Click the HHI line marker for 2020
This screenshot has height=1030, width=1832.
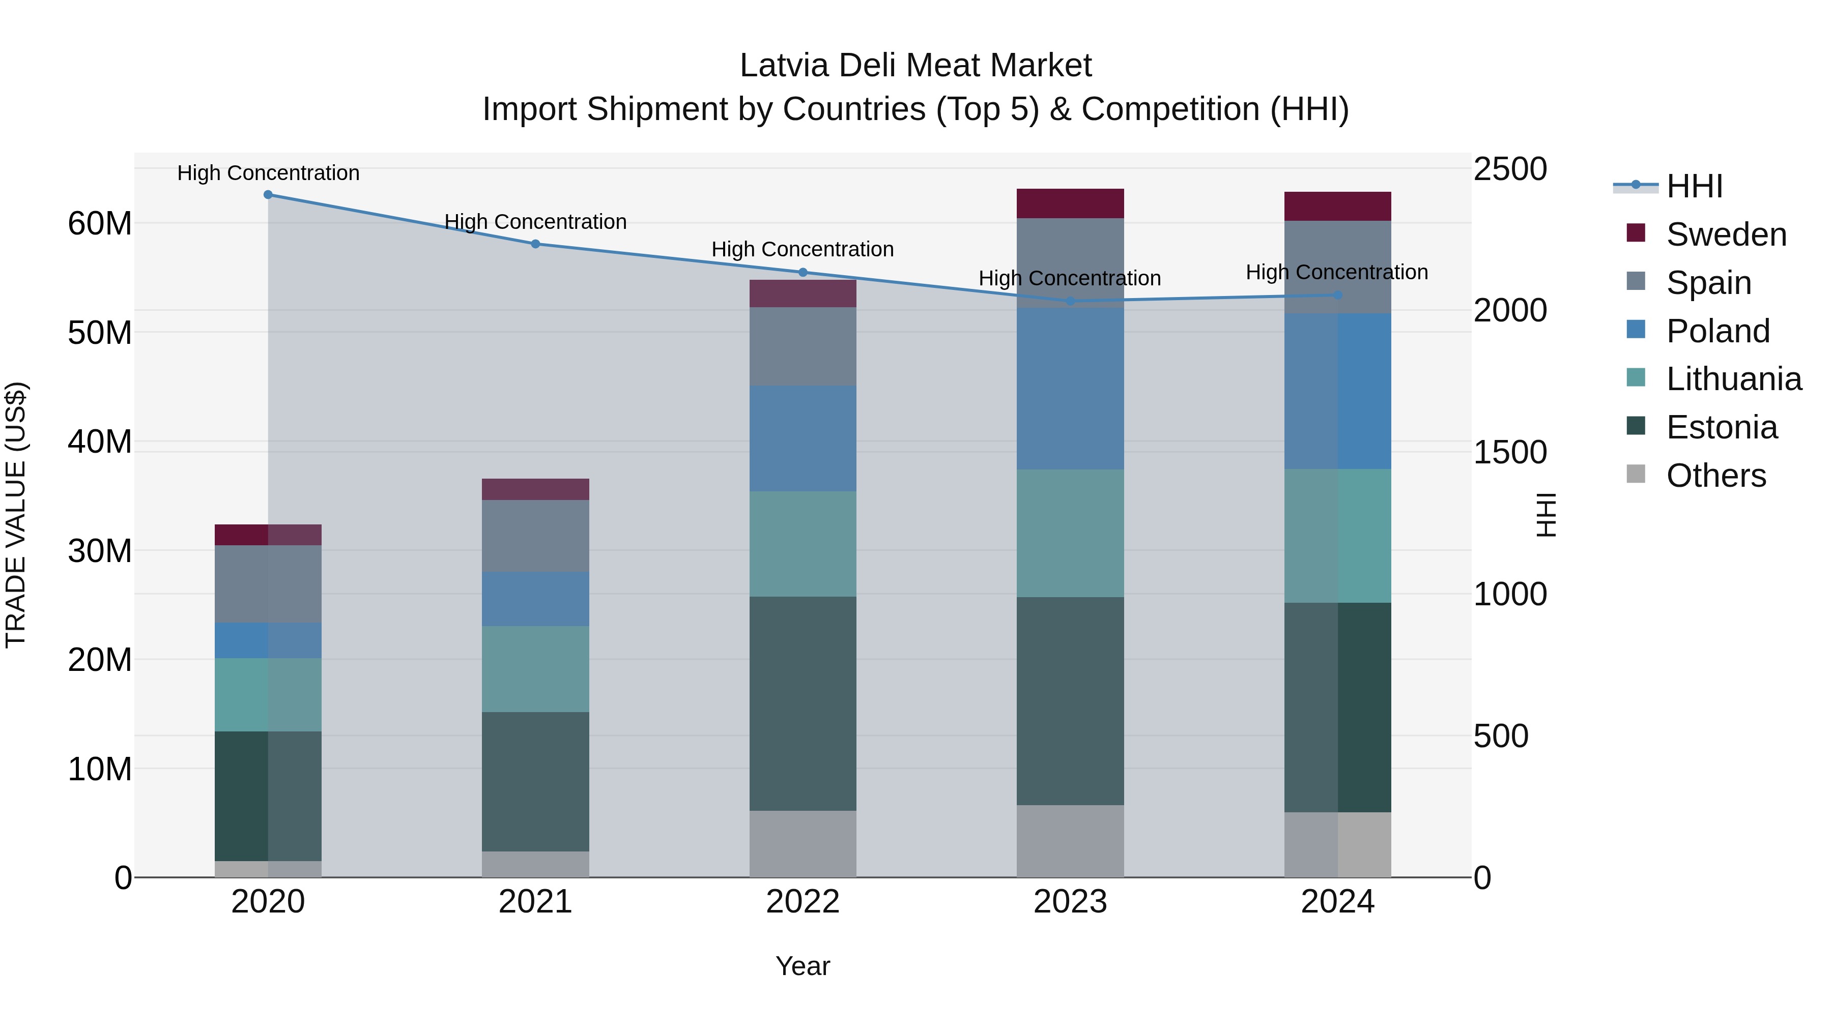click(268, 195)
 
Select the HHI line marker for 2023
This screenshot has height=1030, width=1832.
click(1070, 302)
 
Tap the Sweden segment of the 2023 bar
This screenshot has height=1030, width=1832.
click(1070, 203)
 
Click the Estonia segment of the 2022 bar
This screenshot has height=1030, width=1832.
click(803, 704)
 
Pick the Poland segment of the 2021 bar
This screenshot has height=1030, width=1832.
click(535, 599)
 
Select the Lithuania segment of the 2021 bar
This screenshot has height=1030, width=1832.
click(535, 669)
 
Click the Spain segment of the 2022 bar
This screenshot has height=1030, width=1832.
click(803, 346)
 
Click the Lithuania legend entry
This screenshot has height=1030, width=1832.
click(1733, 379)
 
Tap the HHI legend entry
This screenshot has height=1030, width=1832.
click(1694, 186)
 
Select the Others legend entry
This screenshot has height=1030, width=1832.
click(1715, 476)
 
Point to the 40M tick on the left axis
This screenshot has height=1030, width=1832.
click(100, 442)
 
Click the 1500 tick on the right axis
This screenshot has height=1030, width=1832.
click(1509, 452)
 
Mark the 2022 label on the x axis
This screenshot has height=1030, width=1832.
click(803, 902)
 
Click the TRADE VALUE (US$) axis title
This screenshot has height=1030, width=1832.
click(16, 515)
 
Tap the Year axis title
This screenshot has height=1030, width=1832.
click(803, 966)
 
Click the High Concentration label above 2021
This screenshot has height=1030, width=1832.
click(535, 222)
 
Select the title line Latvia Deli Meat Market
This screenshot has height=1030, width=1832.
click(915, 66)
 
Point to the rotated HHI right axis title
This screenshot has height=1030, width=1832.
click(1546, 515)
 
